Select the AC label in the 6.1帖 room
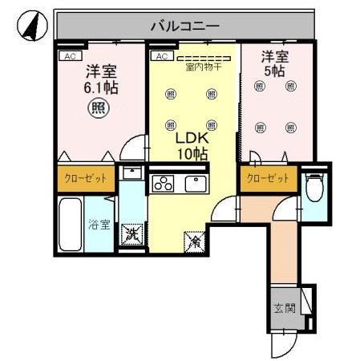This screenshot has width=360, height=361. (70, 56)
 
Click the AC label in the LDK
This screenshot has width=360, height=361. (160, 56)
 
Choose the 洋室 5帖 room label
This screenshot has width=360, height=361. (275, 63)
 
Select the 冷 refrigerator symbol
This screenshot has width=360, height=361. (194, 238)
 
